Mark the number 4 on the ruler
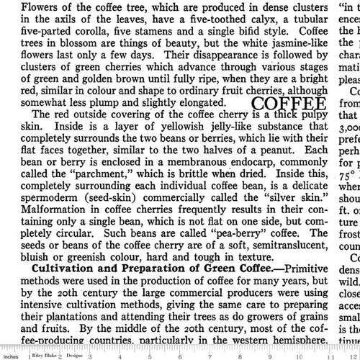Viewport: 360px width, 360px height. click(127, 356)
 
